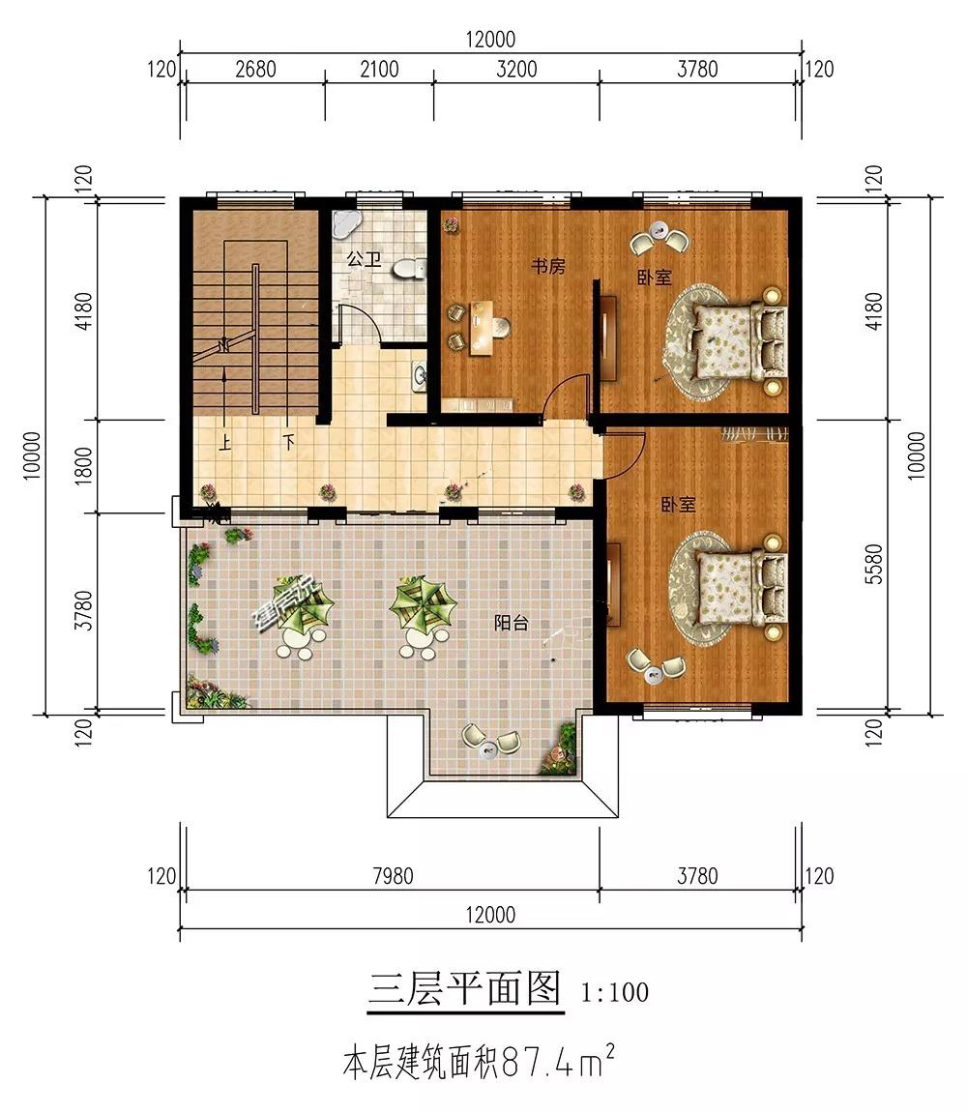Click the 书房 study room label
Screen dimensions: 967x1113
[548, 266]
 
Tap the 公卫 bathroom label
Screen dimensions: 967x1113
[364, 258]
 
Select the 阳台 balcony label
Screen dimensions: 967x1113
[512, 623]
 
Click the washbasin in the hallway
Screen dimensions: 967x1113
[419, 375]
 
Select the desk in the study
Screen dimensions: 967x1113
[483, 327]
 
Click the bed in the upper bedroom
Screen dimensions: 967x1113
[740, 340]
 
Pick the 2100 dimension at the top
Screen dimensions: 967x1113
[379, 70]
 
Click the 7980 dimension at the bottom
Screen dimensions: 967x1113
[393, 876]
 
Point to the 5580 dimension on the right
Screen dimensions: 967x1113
[874, 564]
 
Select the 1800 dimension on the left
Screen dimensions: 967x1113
[84, 465]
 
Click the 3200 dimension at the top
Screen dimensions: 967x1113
[516, 70]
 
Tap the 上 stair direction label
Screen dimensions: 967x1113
[224, 444]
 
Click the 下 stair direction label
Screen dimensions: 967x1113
[288, 442]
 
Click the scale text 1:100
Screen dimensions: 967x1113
[615, 991]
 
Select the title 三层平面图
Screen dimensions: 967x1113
[466, 987]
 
